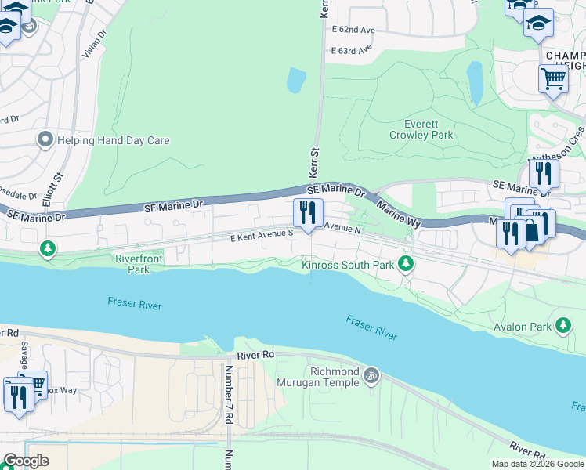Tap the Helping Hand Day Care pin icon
(x=45, y=141)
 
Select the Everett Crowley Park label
(x=421, y=129)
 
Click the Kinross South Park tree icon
(x=406, y=264)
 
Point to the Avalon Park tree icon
(x=562, y=324)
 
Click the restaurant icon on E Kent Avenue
(x=308, y=212)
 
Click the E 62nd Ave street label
(x=353, y=30)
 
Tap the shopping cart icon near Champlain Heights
(x=554, y=78)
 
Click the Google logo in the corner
(x=25, y=461)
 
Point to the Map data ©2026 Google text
(x=537, y=464)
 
